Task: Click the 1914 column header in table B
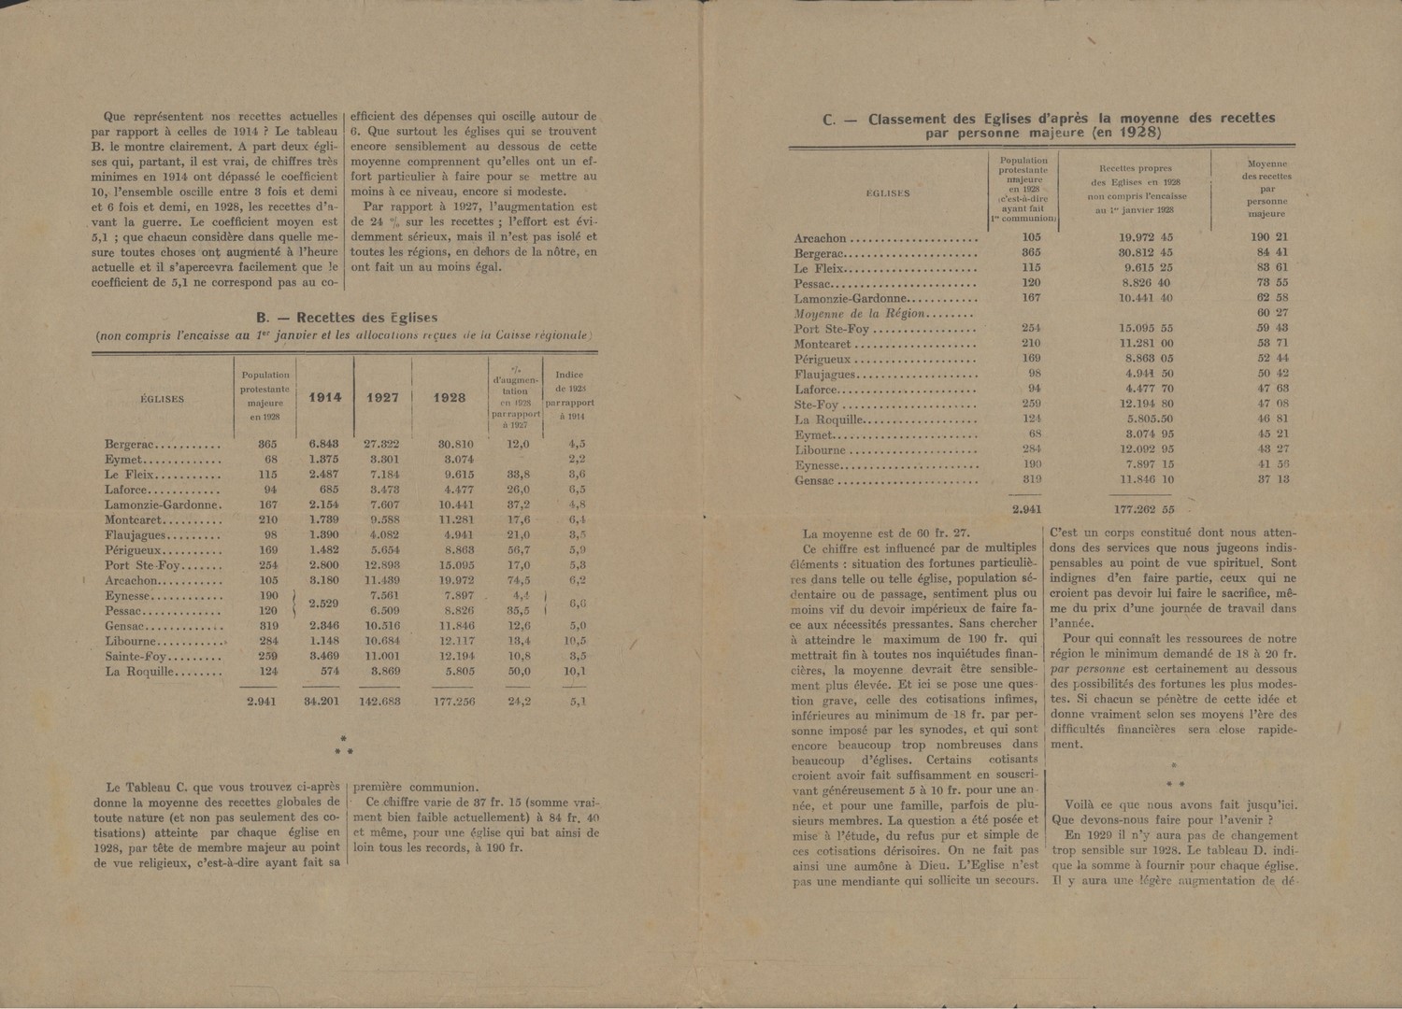(x=325, y=397)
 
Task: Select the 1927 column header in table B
(x=382, y=397)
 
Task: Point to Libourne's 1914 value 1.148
(x=325, y=641)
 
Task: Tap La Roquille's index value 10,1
(x=577, y=671)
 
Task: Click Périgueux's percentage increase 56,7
(x=517, y=550)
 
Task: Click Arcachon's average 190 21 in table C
(x=1268, y=237)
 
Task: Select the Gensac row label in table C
(x=813, y=480)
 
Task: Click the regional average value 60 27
(x=1272, y=313)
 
